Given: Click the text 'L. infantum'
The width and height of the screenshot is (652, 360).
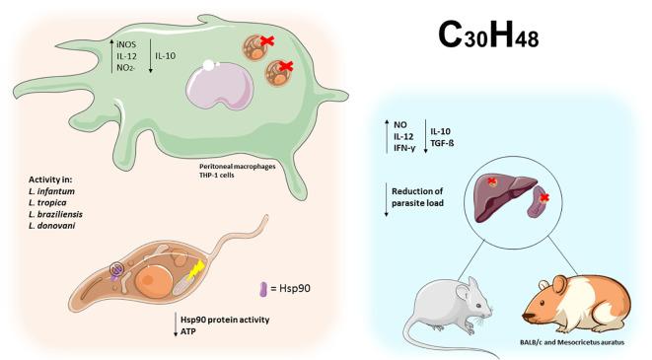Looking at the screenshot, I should [59, 199].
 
